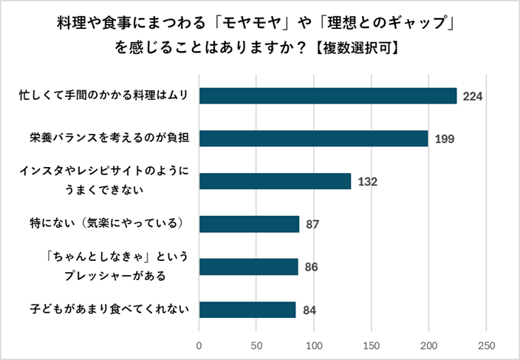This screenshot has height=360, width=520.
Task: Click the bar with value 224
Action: click(328, 96)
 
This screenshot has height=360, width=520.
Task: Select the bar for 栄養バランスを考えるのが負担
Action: click(314, 138)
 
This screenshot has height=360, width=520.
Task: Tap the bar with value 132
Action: click(275, 181)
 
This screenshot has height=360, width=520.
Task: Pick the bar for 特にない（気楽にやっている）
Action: click(249, 224)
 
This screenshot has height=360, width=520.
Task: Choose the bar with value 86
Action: click(248, 267)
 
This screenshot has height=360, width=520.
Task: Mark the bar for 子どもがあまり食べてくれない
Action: click(247, 309)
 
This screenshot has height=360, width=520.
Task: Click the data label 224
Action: click(473, 96)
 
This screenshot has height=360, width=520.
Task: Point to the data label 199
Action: click(444, 139)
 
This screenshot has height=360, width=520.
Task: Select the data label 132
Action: click(367, 182)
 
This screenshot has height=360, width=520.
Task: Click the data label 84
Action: click(309, 310)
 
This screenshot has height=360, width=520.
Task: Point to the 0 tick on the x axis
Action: click(199, 344)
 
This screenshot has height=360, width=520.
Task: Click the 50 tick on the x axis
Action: click(256, 344)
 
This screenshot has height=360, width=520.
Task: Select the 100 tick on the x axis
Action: click(314, 344)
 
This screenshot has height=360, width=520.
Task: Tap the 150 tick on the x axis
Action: click(372, 344)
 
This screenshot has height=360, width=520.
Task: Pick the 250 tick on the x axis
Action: click(486, 344)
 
